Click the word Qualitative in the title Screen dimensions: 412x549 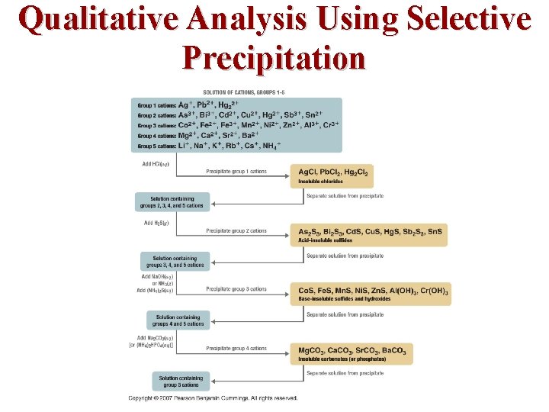[x=98, y=18]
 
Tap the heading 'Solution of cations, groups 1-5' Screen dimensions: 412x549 [x=240, y=92]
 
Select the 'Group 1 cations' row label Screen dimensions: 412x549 [x=156, y=105]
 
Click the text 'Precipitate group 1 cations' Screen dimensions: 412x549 [x=236, y=172]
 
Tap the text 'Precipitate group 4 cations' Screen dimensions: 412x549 [x=236, y=348]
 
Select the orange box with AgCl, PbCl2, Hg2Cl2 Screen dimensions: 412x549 [x=332, y=175]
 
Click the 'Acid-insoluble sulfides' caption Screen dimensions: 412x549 [x=326, y=240]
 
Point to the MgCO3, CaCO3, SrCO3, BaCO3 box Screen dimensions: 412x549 [x=352, y=352]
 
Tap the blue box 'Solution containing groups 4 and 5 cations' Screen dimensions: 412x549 [x=179, y=320]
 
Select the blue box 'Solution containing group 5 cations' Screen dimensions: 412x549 [x=181, y=381]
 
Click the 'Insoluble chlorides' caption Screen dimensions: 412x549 [x=321, y=182]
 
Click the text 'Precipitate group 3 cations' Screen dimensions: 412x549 [x=236, y=289]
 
